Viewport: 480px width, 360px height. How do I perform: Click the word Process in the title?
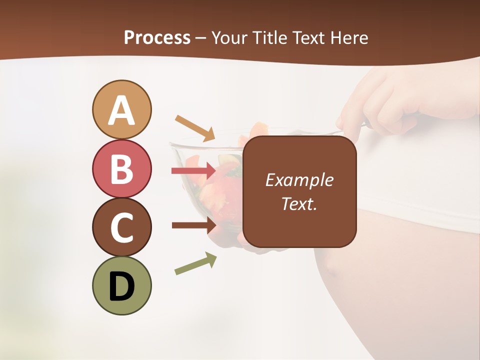click(157, 37)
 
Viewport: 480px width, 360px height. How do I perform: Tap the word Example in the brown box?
click(299, 180)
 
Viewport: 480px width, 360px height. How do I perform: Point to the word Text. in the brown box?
click(299, 203)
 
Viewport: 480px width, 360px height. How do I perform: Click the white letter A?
click(121, 111)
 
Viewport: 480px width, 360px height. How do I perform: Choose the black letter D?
click(121, 286)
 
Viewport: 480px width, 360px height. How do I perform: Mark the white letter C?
click(121, 228)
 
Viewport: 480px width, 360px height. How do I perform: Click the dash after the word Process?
click(201, 38)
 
